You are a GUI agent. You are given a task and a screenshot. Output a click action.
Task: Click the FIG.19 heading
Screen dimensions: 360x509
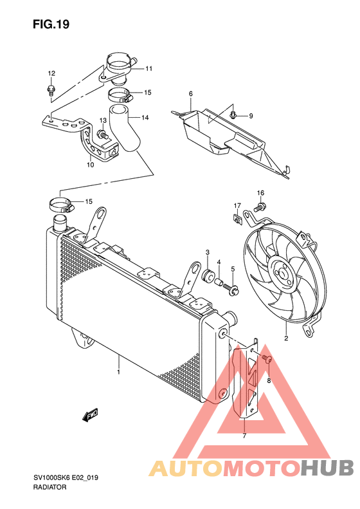[51, 24]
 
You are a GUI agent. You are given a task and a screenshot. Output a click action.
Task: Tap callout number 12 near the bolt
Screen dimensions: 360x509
[51, 73]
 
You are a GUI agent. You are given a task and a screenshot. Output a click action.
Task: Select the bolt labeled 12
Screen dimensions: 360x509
[51, 89]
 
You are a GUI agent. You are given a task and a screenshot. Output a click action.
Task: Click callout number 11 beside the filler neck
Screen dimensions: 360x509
[148, 68]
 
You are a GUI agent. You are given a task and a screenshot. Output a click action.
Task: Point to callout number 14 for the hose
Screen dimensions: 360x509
[145, 118]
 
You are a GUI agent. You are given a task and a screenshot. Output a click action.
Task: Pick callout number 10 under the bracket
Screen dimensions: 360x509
[91, 165]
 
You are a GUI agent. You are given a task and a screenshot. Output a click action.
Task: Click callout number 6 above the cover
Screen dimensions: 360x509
[191, 94]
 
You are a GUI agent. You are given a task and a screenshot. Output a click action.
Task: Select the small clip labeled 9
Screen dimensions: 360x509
[233, 115]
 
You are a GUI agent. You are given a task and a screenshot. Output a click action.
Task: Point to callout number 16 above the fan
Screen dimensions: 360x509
[261, 193]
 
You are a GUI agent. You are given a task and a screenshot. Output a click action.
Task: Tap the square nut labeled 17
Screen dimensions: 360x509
[239, 219]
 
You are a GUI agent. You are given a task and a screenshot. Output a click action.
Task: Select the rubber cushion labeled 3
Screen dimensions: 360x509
[208, 275]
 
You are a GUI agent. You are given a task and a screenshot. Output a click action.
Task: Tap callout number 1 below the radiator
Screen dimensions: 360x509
[119, 372]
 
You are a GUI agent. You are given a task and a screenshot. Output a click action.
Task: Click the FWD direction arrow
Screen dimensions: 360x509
[90, 414]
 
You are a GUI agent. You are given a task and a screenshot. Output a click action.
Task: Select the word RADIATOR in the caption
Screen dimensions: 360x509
[50, 487]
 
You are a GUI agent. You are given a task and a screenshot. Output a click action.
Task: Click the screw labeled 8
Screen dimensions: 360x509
[267, 358]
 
